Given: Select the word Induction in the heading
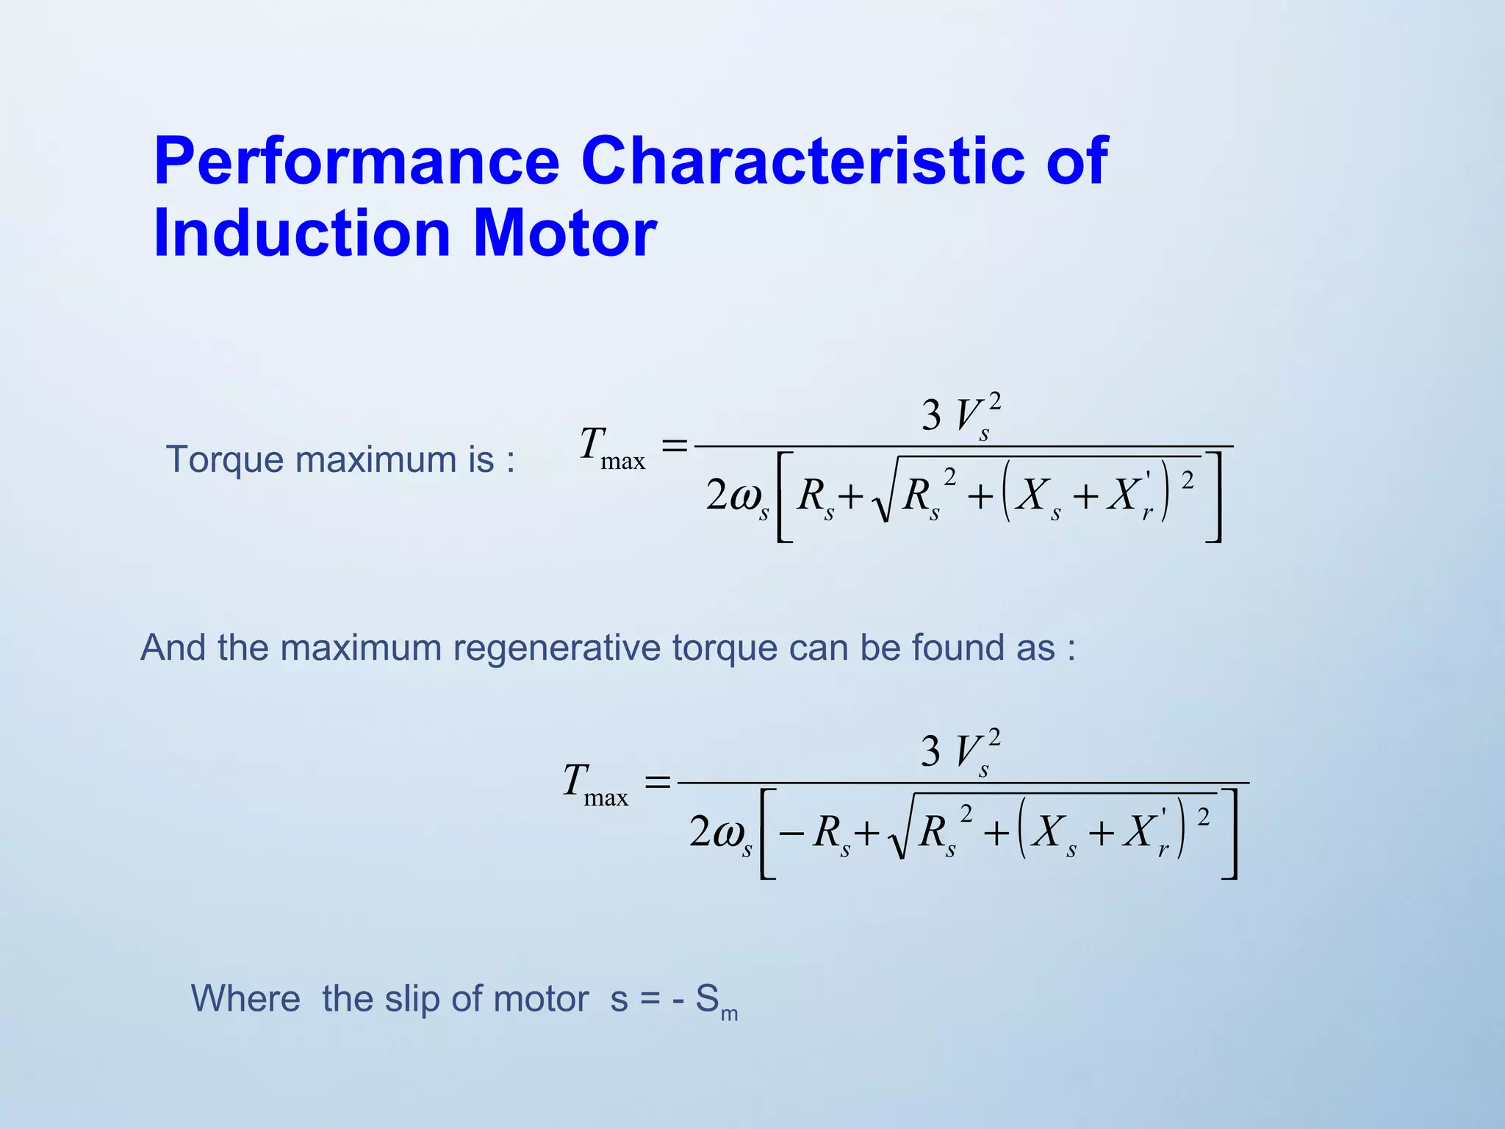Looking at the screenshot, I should pyautogui.click(x=301, y=234).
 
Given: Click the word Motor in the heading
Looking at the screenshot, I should pyautogui.click(x=564, y=234).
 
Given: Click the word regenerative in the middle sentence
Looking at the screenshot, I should pyautogui.click(x=556, y=648).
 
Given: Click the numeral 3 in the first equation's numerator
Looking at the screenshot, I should pyautogui.click(x=931, y=415).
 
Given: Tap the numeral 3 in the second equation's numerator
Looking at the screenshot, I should pyautogui.click(x=930, y=751).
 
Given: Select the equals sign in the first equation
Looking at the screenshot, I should pyautogui.click(x=674, y=445).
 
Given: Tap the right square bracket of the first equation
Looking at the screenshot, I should pyautogui.click(x=1214, y=498).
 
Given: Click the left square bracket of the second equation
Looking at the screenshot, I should pyautogui.click(x=766, y=834).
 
